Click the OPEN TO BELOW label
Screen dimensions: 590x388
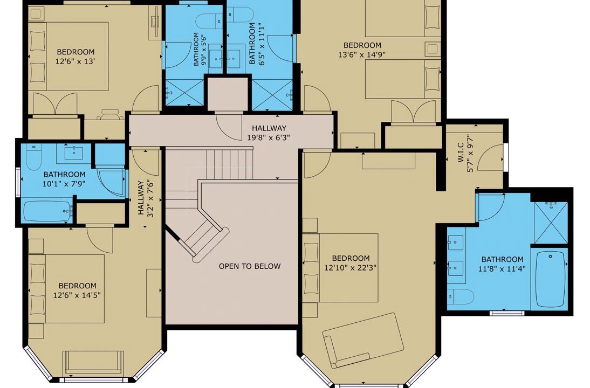point(250,266)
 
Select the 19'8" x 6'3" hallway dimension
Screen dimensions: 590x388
point(269,137)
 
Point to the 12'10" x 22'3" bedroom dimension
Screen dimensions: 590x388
point(351,268)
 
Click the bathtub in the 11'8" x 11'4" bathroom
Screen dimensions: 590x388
point(551,279)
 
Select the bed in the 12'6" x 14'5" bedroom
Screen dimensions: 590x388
point(66,289)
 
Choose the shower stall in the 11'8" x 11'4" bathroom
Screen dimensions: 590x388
point(551,223)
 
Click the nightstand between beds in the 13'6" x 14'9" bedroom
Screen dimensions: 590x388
point(433,49)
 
